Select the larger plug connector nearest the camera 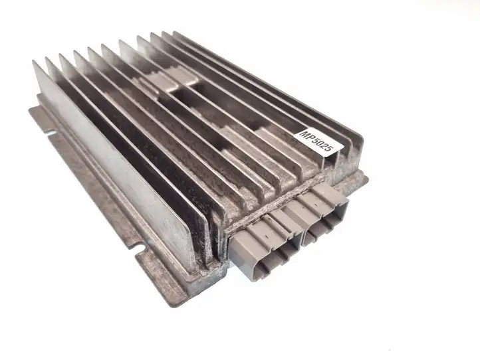pos(264,248)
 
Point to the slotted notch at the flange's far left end pos(50,133)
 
